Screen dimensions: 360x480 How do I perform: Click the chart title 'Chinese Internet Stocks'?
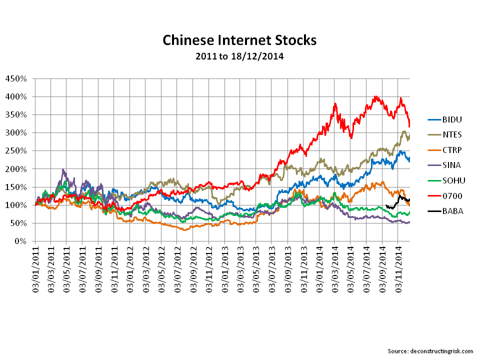pyautogui.click(x=239, y=40)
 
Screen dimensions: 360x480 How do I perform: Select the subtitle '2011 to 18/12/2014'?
pyautogui.click(x=239, y=56)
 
